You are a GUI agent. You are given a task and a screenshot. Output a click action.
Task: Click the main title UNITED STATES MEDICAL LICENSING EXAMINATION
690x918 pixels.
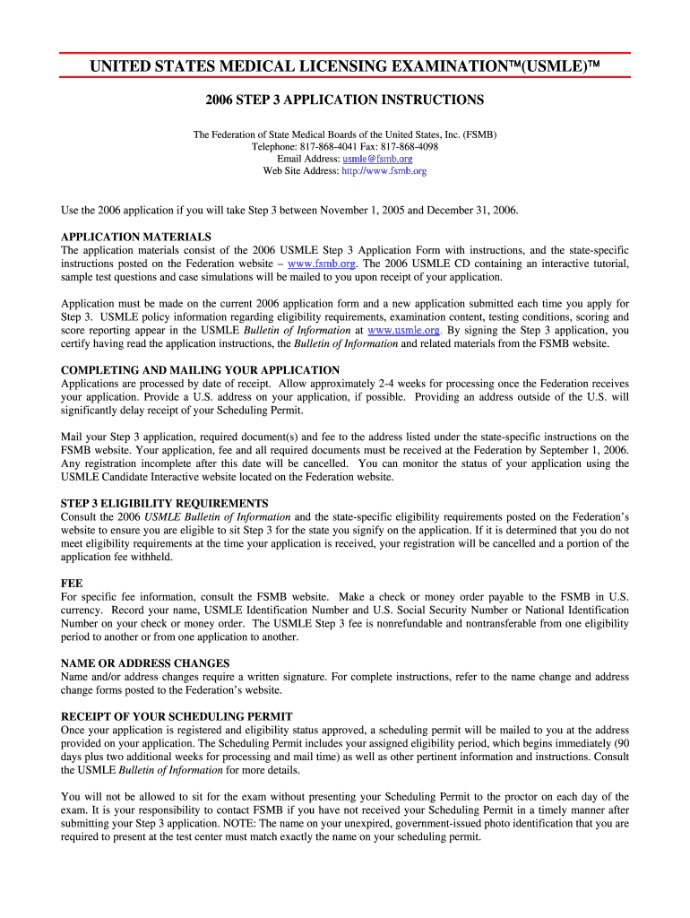[345, 67]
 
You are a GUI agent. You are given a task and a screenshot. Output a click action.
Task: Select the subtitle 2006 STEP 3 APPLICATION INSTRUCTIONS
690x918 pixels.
[345, 100]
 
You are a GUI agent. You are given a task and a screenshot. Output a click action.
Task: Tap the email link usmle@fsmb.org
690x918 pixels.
[377, 159]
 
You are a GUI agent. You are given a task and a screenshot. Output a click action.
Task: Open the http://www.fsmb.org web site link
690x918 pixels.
[384, 170]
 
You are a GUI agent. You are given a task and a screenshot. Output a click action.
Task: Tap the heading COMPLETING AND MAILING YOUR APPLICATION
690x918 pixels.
[200, 369]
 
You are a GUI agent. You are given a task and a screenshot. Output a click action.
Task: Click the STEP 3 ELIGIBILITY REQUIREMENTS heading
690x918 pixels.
[164, 503]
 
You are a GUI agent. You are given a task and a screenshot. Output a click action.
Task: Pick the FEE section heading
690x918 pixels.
[72, 583]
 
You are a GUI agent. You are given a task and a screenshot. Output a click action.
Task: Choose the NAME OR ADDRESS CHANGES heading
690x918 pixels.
[145, 663]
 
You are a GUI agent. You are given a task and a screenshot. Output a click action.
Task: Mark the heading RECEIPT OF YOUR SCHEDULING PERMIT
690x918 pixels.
[177, 716]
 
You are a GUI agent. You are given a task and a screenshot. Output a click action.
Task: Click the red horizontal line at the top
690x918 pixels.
[345, 53]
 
